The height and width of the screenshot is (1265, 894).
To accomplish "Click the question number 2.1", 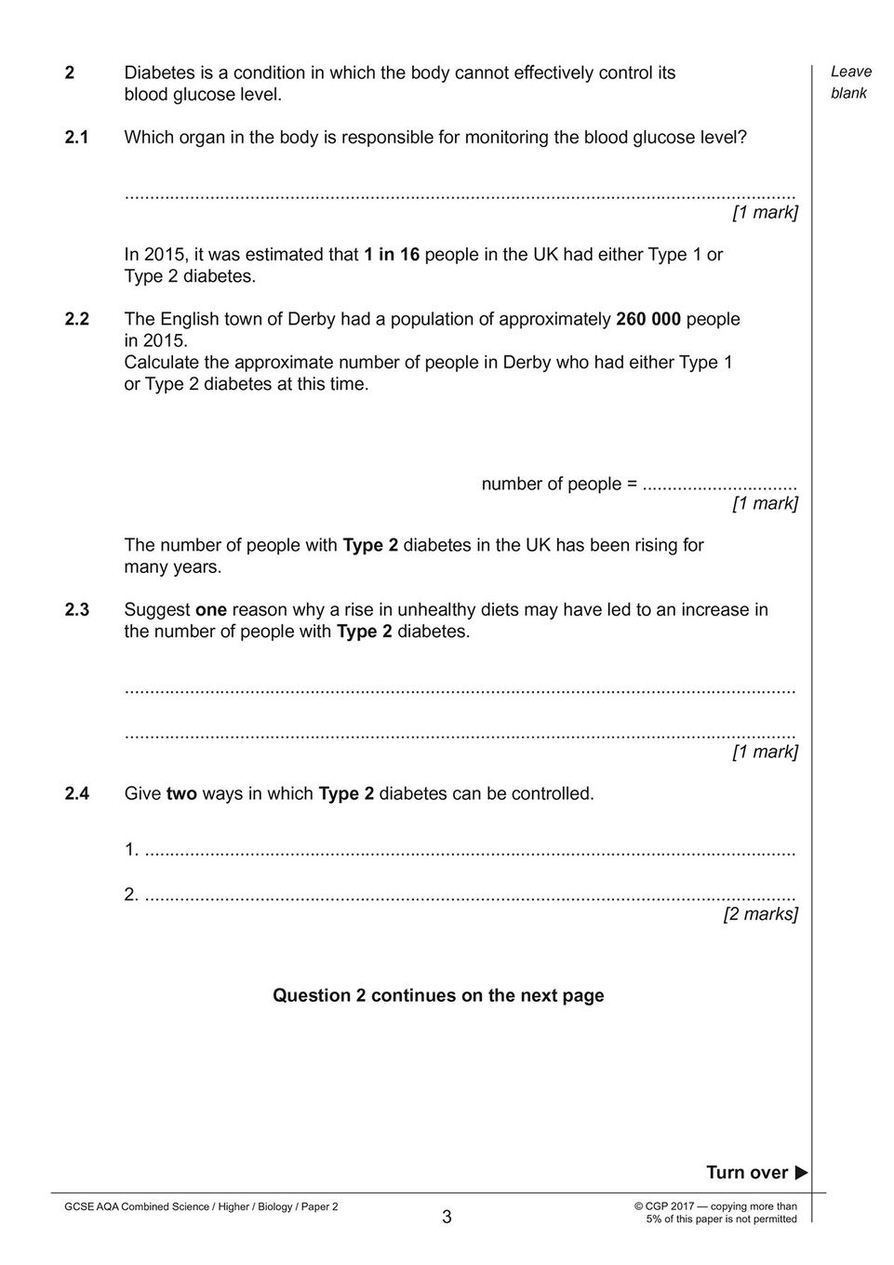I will point(76,138).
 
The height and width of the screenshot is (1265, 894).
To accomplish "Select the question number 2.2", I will point(76,319).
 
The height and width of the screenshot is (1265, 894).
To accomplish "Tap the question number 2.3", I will point(76,610).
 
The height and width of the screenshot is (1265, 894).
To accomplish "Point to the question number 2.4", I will point(76,794).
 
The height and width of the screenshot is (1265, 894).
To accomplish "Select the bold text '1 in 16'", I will point(392,254).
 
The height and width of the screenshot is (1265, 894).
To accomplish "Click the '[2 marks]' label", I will point(760,914).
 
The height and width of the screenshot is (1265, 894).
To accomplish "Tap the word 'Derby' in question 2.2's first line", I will point(311,319).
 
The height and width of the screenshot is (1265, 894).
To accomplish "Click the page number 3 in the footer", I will point(447,1217).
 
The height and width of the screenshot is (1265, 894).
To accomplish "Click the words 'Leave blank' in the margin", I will point(850,82).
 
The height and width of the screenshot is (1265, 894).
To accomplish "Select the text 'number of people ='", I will point(559,484).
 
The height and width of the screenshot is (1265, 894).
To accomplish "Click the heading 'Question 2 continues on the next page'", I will point(438,995).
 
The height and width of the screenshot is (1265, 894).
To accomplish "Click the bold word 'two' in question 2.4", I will point(181,794).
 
